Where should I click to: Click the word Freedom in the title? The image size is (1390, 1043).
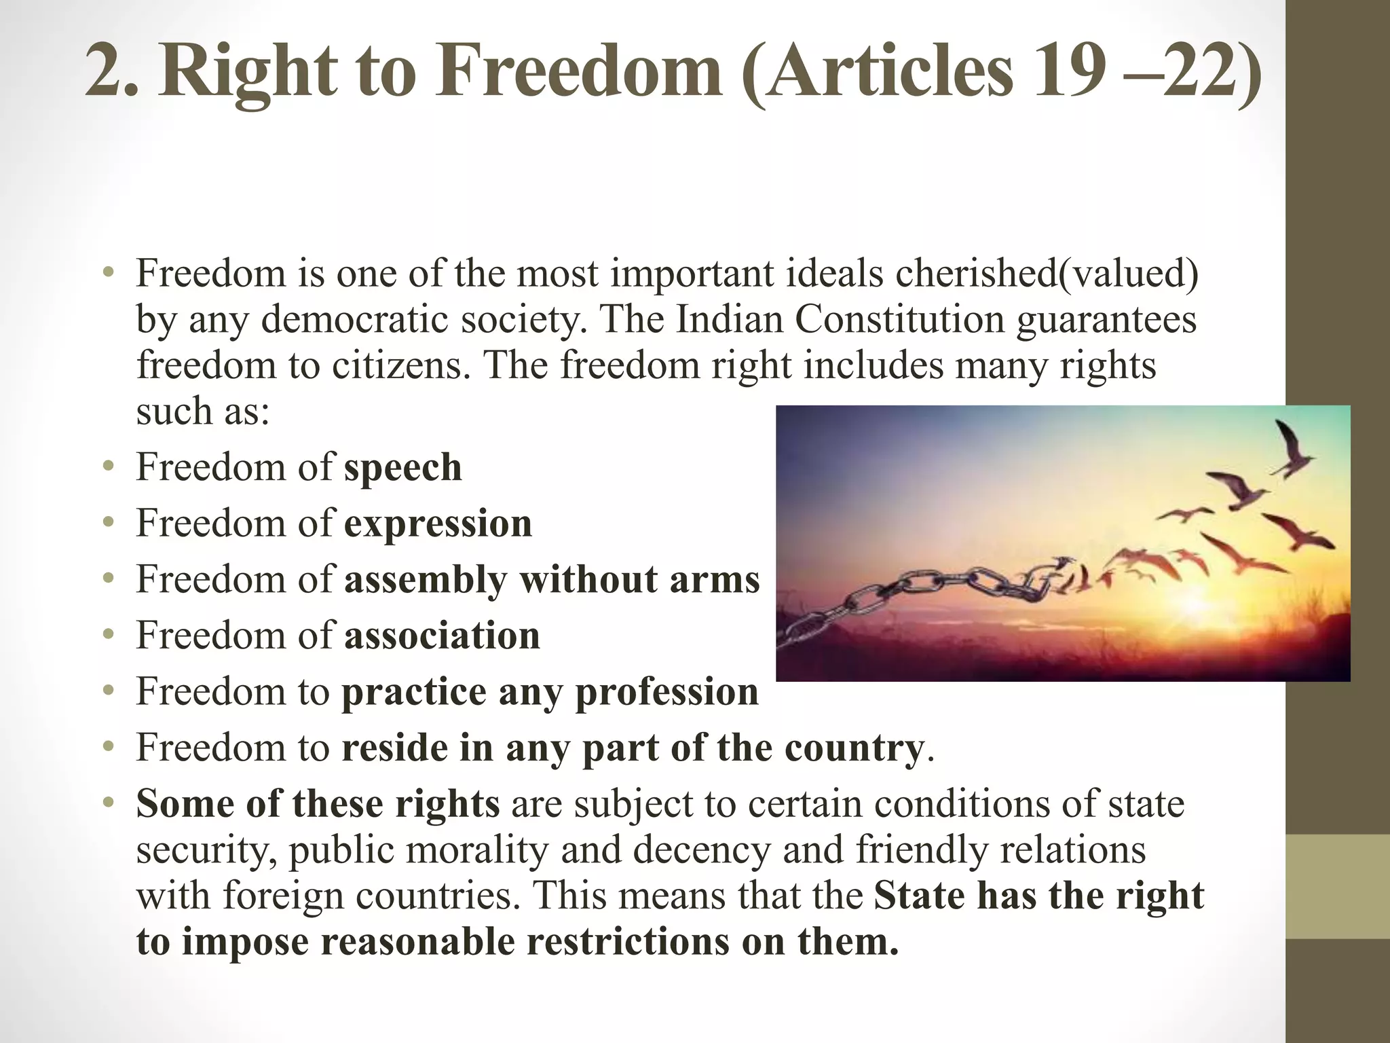[578, 73]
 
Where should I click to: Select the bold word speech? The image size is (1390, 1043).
[403, 468]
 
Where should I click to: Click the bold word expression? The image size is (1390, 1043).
[438, 524]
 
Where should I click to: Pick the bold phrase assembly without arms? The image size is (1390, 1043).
[552, 580]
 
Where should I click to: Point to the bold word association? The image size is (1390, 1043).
[442, 636]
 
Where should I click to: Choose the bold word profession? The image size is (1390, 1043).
[666, 692]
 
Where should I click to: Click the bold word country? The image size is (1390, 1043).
[854, 748]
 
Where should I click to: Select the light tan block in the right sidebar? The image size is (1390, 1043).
[1338, 886]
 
